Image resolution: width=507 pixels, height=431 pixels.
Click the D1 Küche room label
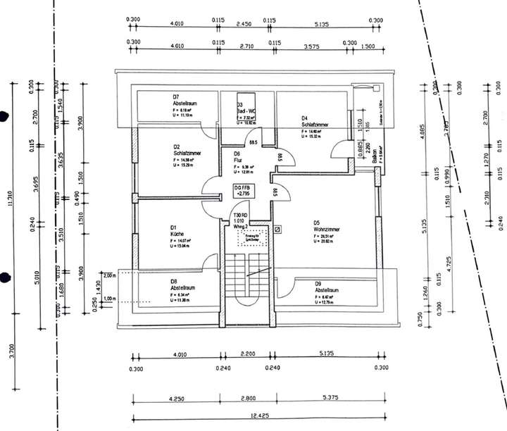(175, 231)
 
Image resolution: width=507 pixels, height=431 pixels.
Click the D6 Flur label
(238, 156)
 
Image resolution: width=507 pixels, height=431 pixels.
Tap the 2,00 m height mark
(108, 275)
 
